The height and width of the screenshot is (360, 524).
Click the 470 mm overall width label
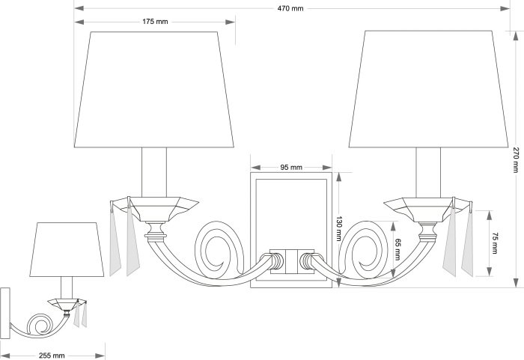pyautogui.click(x=290, y=9)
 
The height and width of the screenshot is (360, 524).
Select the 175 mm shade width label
pyautogui.click(x=155, y=22)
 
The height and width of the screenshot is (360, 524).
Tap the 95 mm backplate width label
pyautogui.click(x=291, y=167)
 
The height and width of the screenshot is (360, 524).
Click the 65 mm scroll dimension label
pyautogui.click(x=397, y=249)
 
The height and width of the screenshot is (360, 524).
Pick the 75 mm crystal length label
pyautogui.click(x=495, y=243)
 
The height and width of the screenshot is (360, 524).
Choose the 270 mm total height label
pyautogui.click(x=517, y=159)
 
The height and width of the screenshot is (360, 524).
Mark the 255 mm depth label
pyautogui.click(x=52, y=356)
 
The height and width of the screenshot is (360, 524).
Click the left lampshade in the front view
pyautogui.click(x=154, y=89)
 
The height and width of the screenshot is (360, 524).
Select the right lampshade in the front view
pyautogui.click(x=428, y=89)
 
